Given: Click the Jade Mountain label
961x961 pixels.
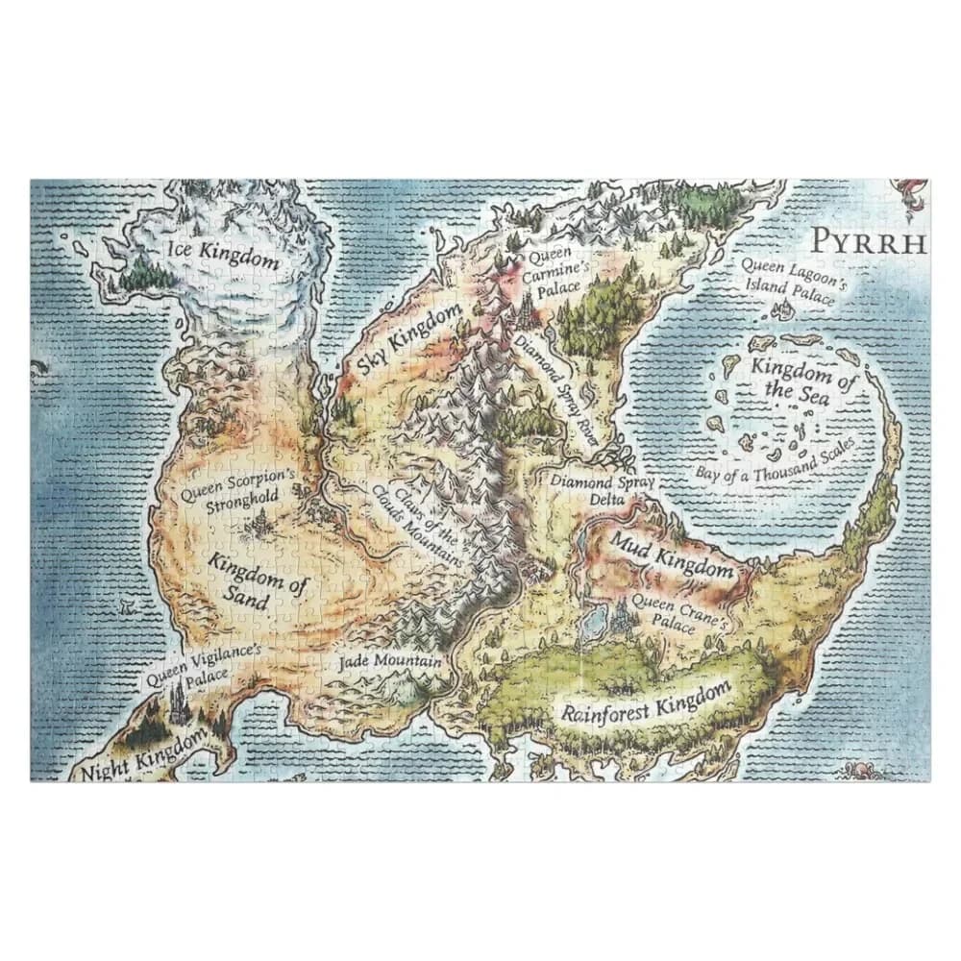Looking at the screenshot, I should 390,661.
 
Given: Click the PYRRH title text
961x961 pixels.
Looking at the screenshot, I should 869,240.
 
